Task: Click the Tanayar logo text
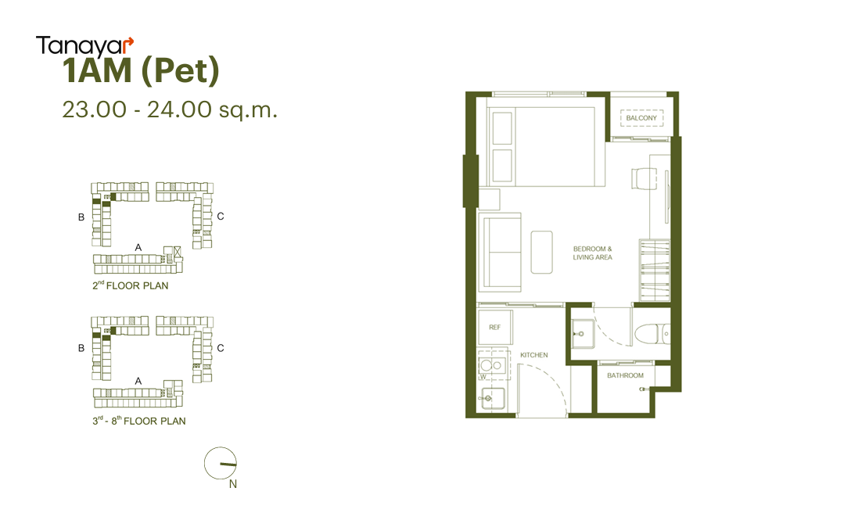[x=84, y=47]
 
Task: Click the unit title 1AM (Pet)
[x=141, y=71]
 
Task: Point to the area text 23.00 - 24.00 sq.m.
[x=170, y=109]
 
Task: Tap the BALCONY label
[x=641, y=118]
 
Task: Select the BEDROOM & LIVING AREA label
[x=593, y=253]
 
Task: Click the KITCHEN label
[x=534, y=355]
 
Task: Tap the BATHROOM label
[x=625, y=375]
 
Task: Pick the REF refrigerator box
[x=495, y=328]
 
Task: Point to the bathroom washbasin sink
[x=583, y=333]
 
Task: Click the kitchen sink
[x=491, y=399]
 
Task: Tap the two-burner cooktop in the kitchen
[x=492, y=364]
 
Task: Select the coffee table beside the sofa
[x=541, y=252]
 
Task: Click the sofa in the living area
[x=500, y=253]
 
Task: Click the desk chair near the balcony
[x=645, y=178]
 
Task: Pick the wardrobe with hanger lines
[x=655, y=270]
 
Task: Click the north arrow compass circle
[x=221, y=464]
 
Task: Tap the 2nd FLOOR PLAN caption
[x=131, y=285]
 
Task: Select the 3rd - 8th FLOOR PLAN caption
[x=139, y=421]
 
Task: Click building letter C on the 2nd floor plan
[x=221, y=216]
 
